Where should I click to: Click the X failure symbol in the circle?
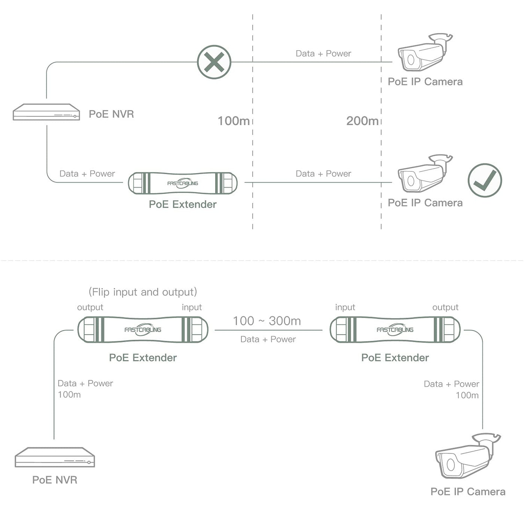(214, 62)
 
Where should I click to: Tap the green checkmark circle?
(485, 180)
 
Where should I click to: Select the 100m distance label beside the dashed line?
(234, 121)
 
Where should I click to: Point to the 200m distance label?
(362, 121)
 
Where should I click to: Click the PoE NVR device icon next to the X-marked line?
(46, 112)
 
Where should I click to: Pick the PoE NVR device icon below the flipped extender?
(55, 457)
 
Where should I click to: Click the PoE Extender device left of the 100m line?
(183, 183)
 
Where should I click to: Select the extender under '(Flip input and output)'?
(143, 330)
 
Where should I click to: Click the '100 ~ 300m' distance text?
(266, 321)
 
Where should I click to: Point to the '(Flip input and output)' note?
(143, 292)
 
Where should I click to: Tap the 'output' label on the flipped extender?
(90, 307)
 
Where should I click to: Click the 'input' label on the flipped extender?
(192, 307)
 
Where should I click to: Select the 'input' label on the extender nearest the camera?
(345, 307)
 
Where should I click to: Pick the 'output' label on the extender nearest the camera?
(445, 307)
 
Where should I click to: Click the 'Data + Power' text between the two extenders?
(268, 339)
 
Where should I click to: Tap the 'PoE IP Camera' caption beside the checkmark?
(425, 203)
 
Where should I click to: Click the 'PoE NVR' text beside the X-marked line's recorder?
(111, 114)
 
